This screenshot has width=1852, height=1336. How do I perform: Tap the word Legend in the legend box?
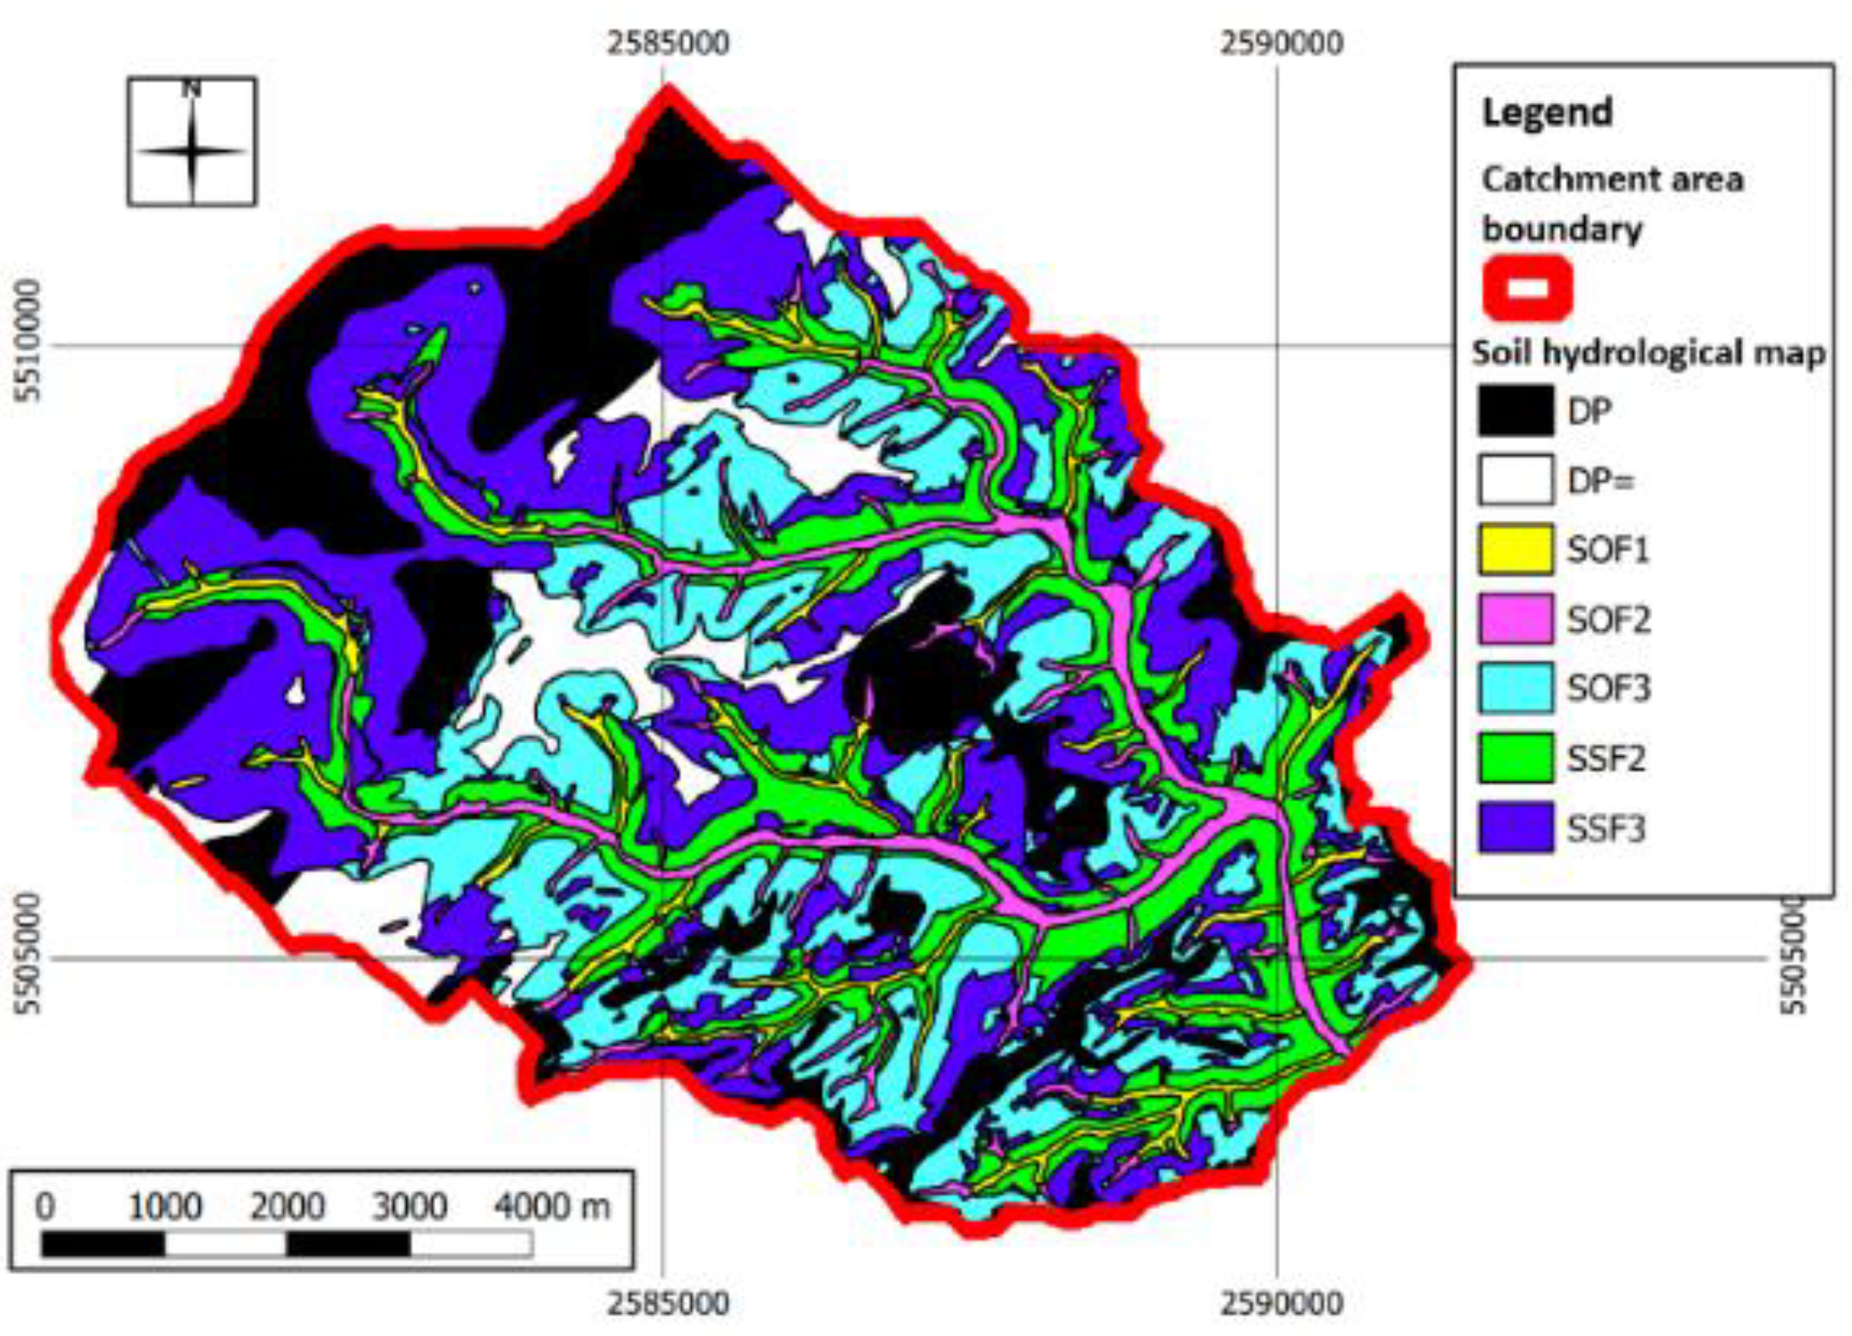[1546, 112]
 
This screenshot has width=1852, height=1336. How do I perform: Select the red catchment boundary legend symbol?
[1526, 289]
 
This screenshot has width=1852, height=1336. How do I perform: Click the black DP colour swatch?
[1514, 411]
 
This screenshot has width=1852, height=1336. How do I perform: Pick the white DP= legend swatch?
[1514, 480]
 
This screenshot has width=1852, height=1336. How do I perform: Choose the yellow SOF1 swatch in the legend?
[1514, 549]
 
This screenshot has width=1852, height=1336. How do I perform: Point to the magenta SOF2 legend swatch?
[1514, 619]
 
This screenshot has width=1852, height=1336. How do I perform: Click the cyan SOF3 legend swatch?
[1514, 687]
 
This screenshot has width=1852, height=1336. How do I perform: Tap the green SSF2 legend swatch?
[1514, 757]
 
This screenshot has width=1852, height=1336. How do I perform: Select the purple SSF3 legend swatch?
[1514, 828]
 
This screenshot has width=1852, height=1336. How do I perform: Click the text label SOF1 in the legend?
[1608, 549]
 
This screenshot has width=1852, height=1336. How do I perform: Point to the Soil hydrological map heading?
[1648, 353]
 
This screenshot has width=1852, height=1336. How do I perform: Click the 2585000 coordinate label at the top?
[667, 42]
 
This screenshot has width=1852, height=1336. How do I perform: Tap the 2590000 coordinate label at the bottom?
[1281, 1302]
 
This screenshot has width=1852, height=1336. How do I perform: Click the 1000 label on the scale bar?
[164, 1207]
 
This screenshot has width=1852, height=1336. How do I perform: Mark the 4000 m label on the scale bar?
[552, 1207]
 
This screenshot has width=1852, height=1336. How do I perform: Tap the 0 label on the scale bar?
[45, 1207]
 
